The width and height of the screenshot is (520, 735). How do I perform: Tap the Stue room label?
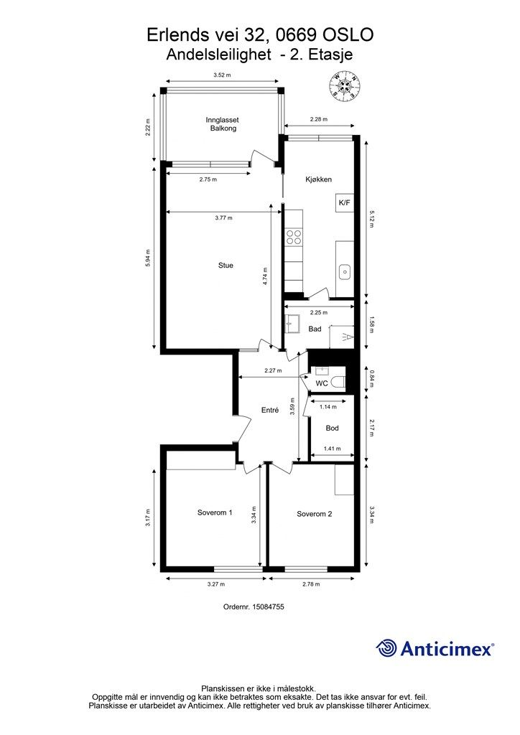226,266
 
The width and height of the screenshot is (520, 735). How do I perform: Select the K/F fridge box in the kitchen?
345,203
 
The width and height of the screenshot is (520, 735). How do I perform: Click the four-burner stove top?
294,237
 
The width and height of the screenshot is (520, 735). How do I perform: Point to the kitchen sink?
345,271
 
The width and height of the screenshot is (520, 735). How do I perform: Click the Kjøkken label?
318,179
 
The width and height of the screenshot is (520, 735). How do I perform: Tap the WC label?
322,383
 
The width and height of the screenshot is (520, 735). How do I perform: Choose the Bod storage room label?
332,428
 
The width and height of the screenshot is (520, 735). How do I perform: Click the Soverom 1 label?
215,512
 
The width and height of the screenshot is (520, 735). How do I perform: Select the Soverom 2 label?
314,514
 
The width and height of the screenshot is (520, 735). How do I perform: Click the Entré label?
270,410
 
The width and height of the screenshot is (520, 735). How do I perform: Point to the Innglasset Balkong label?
222,124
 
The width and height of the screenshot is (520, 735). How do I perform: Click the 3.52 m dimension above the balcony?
222,75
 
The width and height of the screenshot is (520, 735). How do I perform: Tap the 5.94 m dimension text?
149,258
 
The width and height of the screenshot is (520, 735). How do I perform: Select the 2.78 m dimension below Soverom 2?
311,584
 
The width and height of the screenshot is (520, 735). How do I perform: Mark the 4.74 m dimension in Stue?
265,276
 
